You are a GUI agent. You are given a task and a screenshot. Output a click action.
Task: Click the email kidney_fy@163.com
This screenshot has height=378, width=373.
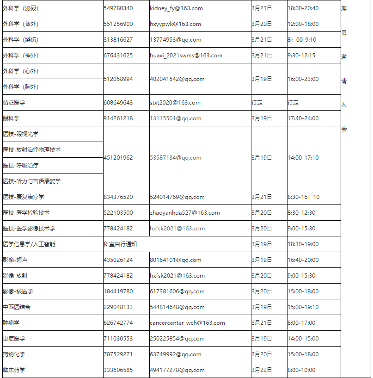pyautogui.click(x=176, y=8)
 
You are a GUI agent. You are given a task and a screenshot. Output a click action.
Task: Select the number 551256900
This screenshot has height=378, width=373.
pyautogui.click(x=118, y=24)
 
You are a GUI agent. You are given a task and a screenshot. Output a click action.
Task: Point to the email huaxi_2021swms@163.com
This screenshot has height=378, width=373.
pyautogui.click(x=186, y=56)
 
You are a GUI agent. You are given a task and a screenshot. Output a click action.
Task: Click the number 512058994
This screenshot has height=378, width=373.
pyautogui.click(x=118, y=79)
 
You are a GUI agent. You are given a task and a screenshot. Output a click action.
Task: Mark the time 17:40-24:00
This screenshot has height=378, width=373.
pyautogui.click(x=303, y=118)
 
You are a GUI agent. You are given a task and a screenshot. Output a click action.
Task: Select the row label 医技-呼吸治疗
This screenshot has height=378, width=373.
pyautogui.click(x=21, y=166)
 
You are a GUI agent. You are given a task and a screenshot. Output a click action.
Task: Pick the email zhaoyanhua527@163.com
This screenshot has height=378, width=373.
pyautogui.click(x=184, y=213)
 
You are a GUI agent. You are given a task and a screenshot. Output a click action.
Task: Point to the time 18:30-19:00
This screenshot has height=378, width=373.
pyautogui.click(x=303, y=244)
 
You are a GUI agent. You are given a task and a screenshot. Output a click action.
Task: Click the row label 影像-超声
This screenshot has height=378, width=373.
pyautogui.click(x=15, y=260)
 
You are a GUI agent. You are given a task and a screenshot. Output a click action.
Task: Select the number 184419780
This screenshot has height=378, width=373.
pyautogui.click(x=118, y=291)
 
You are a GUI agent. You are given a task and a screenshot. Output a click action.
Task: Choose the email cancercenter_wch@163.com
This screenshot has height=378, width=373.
pyautogui.click(x=187, y=323)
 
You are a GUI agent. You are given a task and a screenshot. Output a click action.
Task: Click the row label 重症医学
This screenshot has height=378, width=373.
pyautogui.click(x=14, y=339)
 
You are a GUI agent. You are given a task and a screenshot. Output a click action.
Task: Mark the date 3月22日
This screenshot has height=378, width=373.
pyautogui.click(x=262, y=370)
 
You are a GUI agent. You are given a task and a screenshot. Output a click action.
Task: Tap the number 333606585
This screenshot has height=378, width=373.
pyautogui.click(x=118, y=370)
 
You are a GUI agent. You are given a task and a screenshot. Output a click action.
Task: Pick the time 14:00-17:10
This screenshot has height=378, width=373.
pyautogui.click(x=303, y=158)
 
